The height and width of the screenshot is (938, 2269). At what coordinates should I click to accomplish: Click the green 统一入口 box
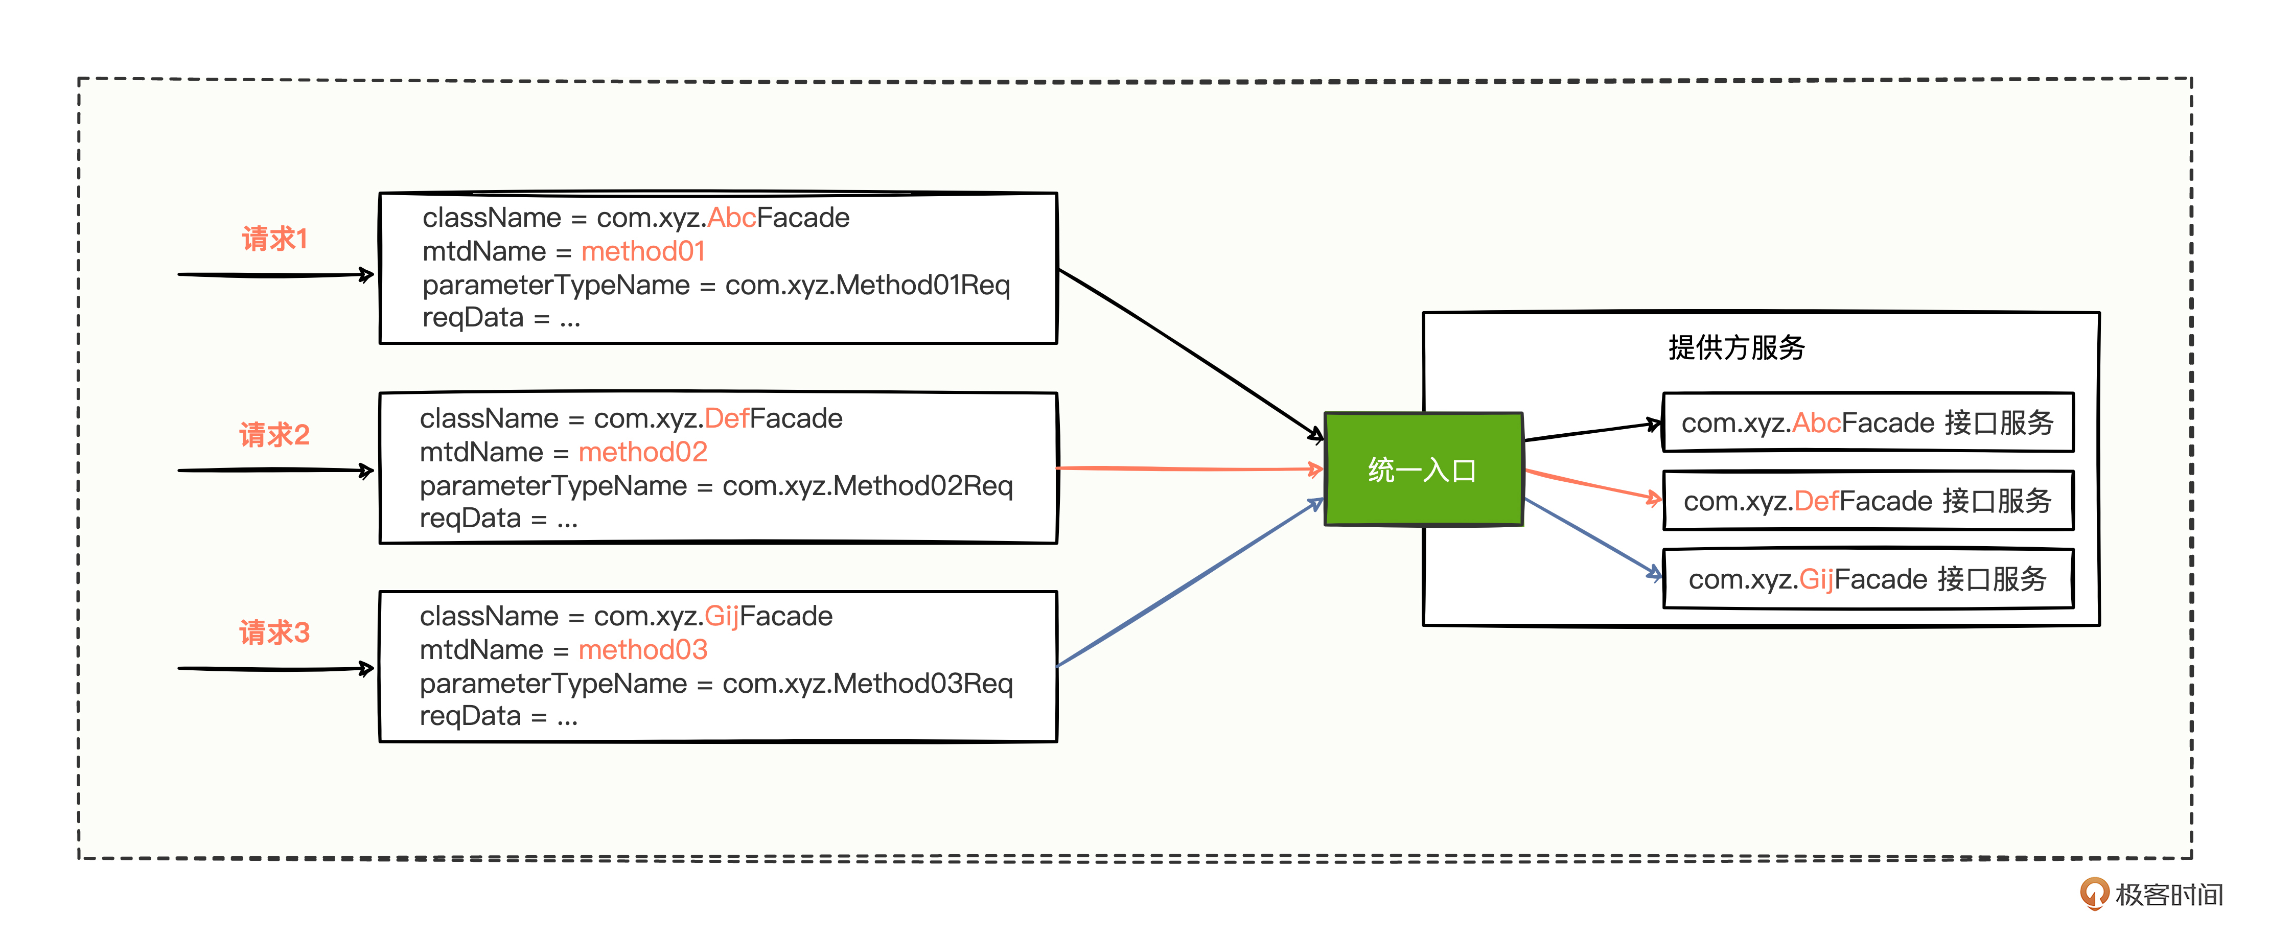pos(1423,470)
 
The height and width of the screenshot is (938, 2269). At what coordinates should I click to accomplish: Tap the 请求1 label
pos(275,239)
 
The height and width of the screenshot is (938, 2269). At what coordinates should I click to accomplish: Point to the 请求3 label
pos(275,632)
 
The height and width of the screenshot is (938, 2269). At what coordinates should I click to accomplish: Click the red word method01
pos(643,252)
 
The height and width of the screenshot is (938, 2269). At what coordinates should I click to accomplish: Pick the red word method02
pos(643,453)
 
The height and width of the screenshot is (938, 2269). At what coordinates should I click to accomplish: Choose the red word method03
pos(643,650)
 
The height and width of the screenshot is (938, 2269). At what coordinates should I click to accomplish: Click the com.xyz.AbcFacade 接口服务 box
pos(1867,423)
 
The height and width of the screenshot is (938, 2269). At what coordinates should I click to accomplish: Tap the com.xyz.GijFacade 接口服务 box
pos(1867,579)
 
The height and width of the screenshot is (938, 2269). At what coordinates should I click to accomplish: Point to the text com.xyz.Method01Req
pos(868,286)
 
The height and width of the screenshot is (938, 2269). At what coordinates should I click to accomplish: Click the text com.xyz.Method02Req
pos(868,486)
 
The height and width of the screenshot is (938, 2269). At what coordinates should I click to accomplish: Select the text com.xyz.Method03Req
pos(868,684)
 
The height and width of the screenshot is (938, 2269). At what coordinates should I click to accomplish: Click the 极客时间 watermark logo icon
pos(2094,893)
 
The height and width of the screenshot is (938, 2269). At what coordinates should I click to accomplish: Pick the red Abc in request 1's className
pos(731,218)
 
